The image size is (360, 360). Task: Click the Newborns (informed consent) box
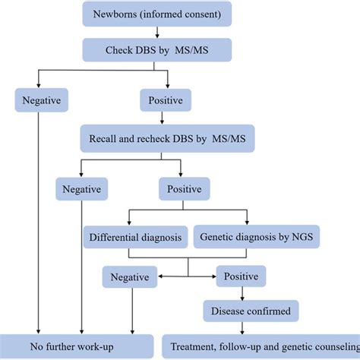[157, 14]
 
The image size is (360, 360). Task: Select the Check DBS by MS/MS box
[157, 50]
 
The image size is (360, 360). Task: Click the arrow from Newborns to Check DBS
[157, 32]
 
